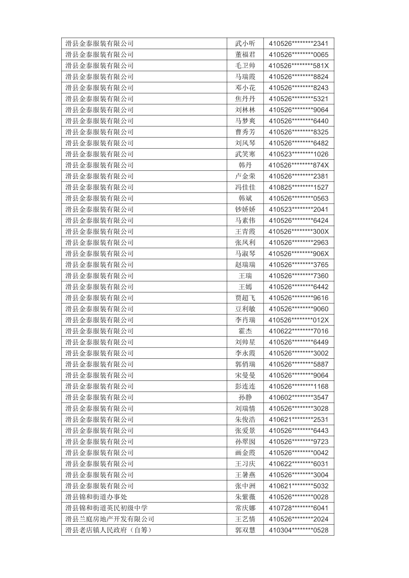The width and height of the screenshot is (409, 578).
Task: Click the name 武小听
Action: tap(245, 44)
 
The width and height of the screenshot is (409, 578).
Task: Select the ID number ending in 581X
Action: tap(299, 66)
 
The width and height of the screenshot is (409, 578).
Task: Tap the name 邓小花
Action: tap(245, 88)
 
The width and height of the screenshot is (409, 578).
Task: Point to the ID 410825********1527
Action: tap(299, 187)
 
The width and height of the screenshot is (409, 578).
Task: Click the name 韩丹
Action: tap(245, 165)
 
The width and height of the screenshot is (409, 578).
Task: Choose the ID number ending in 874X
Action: tap(299, 165)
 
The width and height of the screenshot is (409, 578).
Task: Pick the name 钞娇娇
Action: tap(245, 209)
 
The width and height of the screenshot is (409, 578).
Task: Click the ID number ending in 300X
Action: tap(299, 231)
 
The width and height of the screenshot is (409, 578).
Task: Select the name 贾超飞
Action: tap(245, 298)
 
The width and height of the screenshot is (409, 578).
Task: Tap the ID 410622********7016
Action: tap(299, 331)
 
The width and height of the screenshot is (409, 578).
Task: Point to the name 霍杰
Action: tap(245, 331)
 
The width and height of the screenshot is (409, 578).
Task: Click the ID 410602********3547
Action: tap(299, 397)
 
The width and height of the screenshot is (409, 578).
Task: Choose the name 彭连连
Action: tap(245, 386)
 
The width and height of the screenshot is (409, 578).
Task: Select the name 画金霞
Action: tap(245, 453)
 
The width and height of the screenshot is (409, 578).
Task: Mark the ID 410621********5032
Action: tap(299, 486)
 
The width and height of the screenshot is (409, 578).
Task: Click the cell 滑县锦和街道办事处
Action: tap(96, 497)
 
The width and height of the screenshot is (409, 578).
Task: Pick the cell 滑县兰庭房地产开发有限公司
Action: tap(110, 519)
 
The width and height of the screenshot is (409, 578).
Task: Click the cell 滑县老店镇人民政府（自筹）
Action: tap(109, 530)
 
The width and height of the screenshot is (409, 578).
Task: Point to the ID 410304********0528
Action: tap(299, 530)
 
